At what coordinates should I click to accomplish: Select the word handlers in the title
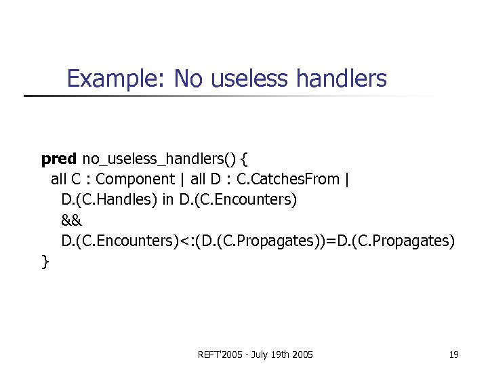(x=342, y=79)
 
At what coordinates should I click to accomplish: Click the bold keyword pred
(x=59, y=159)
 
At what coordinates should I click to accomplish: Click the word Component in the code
(x=136, y=180)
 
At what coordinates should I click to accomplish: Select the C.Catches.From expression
(x=289, y=180)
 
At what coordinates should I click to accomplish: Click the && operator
(x=72, y=220)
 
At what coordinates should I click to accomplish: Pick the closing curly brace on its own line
(x=45, y=262)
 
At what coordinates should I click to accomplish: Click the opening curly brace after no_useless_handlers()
(x=245, y=159)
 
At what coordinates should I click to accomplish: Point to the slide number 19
(x=453, y=354)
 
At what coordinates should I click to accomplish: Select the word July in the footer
(x=260, y=354)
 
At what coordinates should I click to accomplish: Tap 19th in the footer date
(x=282, y=354)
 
